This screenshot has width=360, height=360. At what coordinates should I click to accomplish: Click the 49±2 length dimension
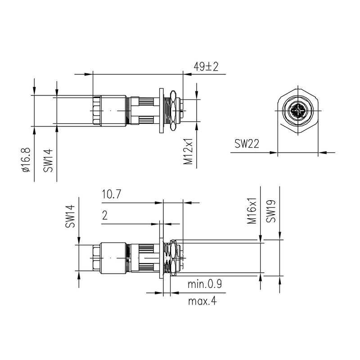206,67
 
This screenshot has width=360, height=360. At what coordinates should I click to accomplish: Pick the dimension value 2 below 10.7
105,216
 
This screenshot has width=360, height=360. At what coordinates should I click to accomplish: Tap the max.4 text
202,301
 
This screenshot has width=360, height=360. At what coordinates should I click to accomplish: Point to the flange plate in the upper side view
161,111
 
